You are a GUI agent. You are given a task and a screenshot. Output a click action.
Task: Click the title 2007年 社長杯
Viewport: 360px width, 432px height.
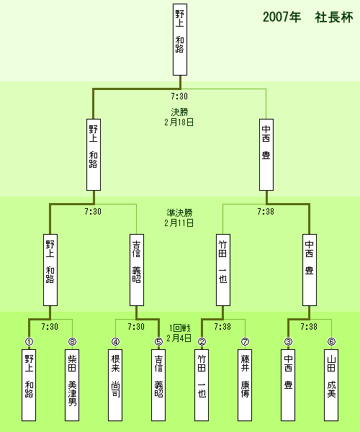[x=307, y=17]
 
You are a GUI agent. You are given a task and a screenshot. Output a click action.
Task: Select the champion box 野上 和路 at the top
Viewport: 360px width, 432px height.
[x=180, y=40]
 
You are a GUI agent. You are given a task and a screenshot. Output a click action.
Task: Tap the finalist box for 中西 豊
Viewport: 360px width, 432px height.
[x=266, y=155]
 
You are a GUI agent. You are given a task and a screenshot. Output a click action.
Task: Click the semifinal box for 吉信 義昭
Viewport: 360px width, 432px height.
[x=137, y=270]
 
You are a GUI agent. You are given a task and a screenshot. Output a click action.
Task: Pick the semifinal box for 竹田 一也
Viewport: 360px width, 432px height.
[x=223, y=270]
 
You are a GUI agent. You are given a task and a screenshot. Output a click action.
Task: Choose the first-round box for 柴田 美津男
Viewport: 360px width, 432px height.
[x=72, y=385]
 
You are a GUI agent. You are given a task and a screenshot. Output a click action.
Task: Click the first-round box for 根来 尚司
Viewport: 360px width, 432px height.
[x=115, y=385]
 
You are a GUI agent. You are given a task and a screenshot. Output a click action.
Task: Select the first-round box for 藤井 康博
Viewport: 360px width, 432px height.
[x=245, y=385]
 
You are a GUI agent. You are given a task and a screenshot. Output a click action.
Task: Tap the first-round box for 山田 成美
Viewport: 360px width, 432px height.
[x=331, y=385]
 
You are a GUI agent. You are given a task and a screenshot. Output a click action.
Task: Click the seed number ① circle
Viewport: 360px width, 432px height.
[x=29, y=341]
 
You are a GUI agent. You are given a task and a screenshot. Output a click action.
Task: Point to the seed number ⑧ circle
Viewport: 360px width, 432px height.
[x=72, y=341]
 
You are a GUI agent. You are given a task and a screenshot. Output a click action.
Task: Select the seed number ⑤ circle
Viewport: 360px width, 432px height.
[x=158, y=341]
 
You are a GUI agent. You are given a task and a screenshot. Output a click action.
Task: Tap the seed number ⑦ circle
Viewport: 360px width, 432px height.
[x=245, y=341]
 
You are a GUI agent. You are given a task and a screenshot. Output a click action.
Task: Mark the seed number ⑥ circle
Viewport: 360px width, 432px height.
[x=331, y=341]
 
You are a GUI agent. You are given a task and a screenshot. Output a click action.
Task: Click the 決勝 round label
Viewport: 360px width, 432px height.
[x=179, y=112]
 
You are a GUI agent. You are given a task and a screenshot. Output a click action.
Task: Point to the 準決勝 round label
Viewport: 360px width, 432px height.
[x=179, y=212]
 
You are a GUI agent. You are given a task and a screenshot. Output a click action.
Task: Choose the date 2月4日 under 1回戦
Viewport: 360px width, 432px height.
[x=179, y=338]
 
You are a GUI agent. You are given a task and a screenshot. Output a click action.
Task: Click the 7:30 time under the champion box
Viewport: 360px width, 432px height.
[x=179, y=96]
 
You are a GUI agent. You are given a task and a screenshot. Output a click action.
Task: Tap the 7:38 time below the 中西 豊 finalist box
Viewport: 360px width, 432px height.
[x=266, y=211]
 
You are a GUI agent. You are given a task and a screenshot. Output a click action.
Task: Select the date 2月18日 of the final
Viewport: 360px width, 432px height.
[x=179, y=122]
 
